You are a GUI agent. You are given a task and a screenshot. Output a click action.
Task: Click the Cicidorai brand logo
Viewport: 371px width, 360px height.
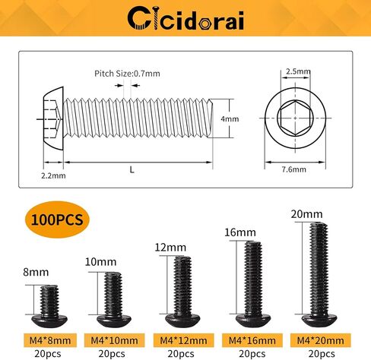pyautogui.click(x=185, y=17)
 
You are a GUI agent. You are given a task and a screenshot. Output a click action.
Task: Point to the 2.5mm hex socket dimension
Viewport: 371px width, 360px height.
pyautogui.click(x=300, y=71)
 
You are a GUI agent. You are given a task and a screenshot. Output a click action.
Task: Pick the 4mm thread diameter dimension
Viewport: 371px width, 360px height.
pyautogui.click(x=230, y=119)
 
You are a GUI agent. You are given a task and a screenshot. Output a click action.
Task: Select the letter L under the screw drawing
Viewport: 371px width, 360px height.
pyautogui.click(x=132, y=170)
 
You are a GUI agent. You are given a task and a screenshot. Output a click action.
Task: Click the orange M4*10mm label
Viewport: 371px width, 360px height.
pyautogui.click(x=112, y=339)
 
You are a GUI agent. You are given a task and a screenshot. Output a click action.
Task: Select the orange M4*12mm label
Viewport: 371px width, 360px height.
pyautogui.click(x=183, y=339)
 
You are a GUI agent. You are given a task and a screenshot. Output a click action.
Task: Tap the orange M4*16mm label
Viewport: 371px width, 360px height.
pyautogui.click(x=253, y=339)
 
